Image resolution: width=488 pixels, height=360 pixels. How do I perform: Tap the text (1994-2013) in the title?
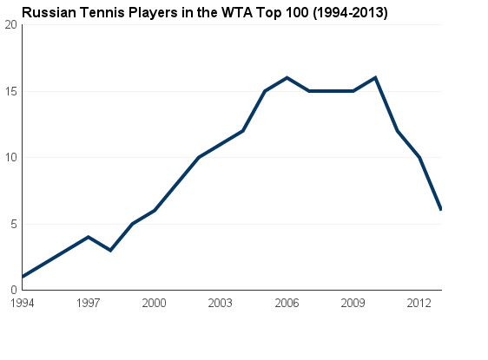(x=346, y=13)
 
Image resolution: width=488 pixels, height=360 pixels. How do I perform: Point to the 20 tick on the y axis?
(x=11, y=24)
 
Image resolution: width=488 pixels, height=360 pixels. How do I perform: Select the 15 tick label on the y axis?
(x=11, y=91)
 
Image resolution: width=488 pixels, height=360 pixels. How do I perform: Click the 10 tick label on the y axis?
(x=11, y=157)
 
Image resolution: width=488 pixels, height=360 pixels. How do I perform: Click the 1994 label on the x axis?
(x=22, y=303)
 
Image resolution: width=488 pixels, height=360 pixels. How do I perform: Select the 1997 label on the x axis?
(x=88, y=303)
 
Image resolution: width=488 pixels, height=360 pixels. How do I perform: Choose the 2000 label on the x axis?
(x=154, y=303)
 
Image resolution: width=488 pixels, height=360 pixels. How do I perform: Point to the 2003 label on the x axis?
(x=221, y=303)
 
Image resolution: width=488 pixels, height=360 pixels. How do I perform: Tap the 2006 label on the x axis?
(x=287, y=303)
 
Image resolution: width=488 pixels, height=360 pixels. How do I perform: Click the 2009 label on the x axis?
(x=353, y=303)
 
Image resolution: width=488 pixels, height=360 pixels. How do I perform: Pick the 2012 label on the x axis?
(x=419, y=303)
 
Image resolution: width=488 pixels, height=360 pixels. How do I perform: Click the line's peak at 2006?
(x=287, y=77)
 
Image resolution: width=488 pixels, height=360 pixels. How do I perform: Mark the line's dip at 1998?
(x=110, y=250)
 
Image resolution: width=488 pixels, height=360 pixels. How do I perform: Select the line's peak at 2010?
(x=375, y=77)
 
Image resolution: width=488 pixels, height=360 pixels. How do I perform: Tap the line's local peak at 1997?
(x=88, y=237)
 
